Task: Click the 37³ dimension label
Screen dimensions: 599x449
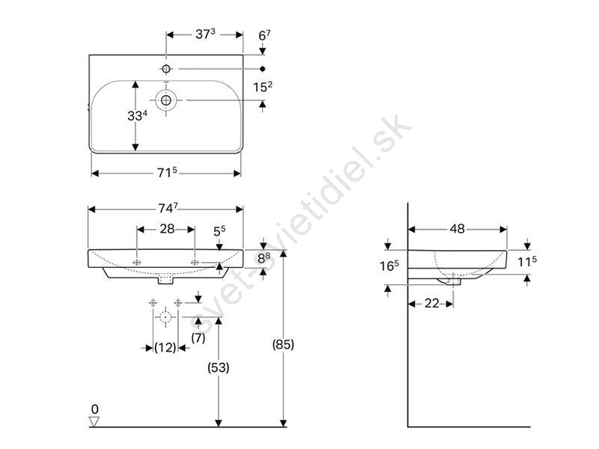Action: (205, 34)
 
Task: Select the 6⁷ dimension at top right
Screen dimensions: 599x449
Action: (264, 35)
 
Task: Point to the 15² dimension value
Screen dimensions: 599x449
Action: (263, 87)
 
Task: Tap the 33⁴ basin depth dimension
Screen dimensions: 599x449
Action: (138, 115)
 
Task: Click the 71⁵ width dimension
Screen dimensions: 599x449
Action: (167, 173)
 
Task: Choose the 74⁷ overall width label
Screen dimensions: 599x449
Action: (168, 208)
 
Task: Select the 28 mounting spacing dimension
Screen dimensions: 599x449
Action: (167, 229)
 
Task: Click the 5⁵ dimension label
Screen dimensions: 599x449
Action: (219, 231)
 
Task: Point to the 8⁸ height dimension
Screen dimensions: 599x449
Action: (264, 258)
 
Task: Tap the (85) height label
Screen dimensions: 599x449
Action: (283, 344)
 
